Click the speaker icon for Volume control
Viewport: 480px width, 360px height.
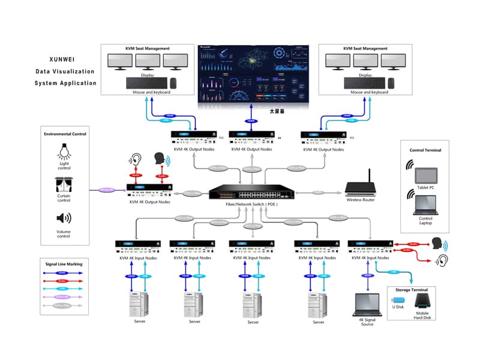pos(64,218)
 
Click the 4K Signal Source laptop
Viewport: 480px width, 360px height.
pos(367,307)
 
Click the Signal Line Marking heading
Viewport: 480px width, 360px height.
pos(64,263)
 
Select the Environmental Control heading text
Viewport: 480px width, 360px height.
pos(65,134)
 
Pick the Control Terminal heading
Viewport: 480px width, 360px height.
pos(424,150)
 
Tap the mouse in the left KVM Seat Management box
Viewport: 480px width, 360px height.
pos(173,83)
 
